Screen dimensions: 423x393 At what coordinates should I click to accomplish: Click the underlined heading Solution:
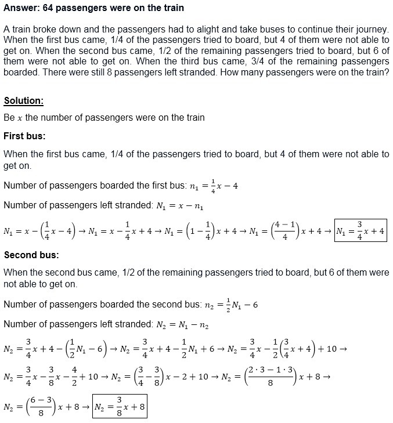24,100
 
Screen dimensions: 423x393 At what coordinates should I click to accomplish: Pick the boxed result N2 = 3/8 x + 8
120,410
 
